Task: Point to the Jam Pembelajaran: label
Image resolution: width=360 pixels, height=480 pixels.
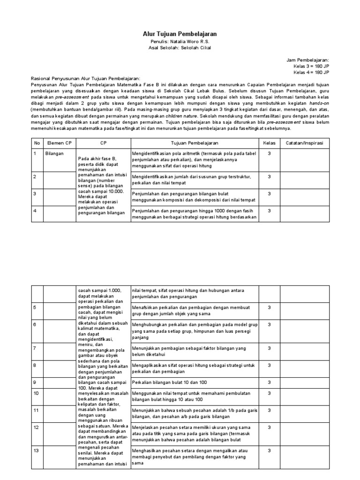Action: click(308, 60)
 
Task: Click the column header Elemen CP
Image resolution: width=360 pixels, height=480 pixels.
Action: click(59, 142)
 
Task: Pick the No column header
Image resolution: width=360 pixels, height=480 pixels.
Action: click(37, 142)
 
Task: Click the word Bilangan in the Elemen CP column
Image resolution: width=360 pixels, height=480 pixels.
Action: click(54, 153)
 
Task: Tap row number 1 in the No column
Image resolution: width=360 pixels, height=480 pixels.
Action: click(35, 153)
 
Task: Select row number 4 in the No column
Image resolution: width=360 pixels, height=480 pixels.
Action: click(35, 210)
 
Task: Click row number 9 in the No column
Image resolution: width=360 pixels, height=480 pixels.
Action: click(35, 382)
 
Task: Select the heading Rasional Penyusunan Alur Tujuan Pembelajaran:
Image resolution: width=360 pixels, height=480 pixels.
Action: click(85, 78)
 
